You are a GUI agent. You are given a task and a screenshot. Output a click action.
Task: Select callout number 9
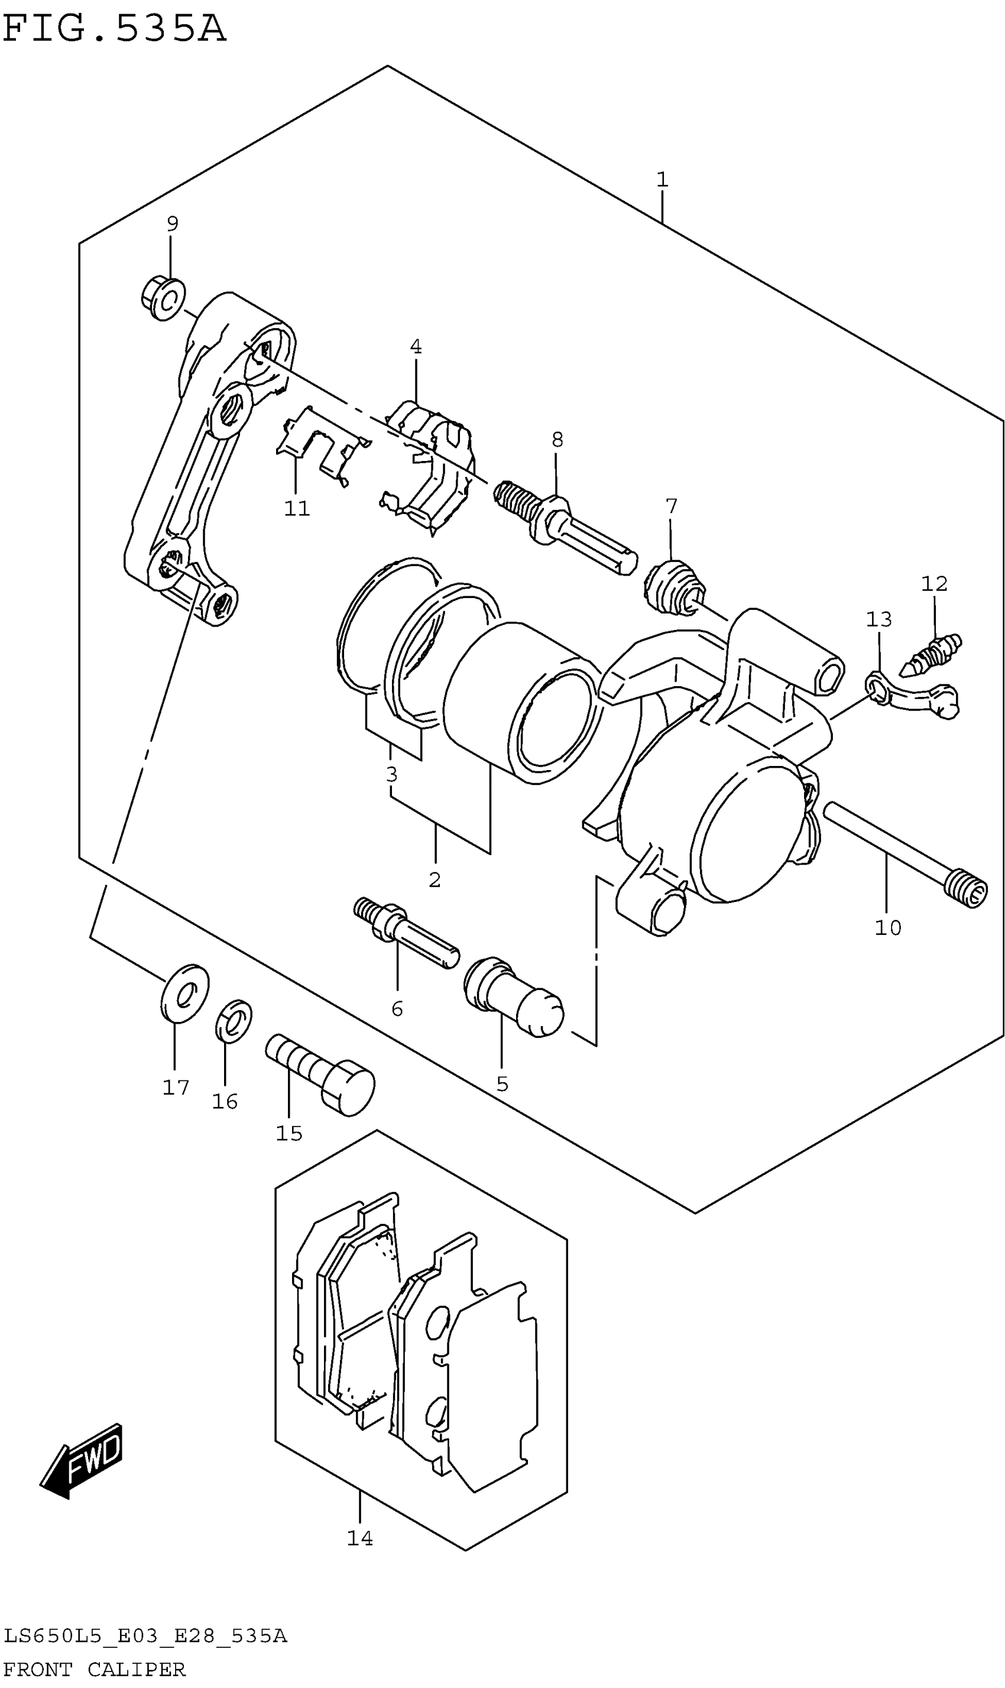click(173, 223)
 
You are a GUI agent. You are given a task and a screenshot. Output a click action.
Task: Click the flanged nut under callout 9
click(163, 298)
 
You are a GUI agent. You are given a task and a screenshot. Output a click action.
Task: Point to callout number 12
click(934, 583)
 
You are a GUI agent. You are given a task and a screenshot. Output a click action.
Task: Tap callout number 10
click(887, 927)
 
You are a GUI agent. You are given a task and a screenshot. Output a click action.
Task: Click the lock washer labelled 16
click(234, 1020)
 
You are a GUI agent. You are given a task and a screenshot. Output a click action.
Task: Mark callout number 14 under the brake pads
click(359, 1538)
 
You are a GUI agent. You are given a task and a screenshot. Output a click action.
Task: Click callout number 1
click(662, 180)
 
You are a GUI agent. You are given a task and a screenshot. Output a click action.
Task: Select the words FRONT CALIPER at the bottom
click(95, 1669)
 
